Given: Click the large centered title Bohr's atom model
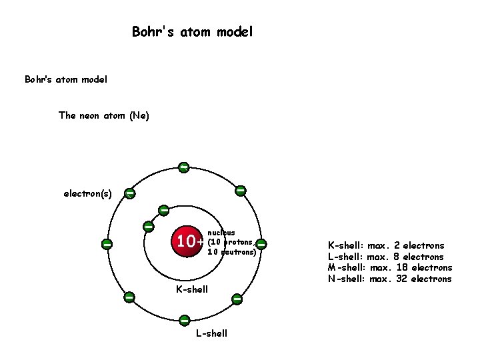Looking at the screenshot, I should point(192,31).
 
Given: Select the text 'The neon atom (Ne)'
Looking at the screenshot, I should point(104,115).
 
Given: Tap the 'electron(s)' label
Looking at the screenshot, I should point(87,194).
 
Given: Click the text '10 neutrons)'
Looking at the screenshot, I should point(231,252).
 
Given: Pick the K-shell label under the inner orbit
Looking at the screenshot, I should point(191,289).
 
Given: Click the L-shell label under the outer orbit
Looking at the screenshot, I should point(211,333).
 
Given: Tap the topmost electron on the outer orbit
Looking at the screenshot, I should point(183,167).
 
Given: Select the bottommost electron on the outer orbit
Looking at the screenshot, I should point(183,321).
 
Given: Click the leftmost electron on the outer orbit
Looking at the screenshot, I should point(107,244).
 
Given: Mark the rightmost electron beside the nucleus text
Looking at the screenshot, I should point(261,244).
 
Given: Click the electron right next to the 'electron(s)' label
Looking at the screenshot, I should point(129,193).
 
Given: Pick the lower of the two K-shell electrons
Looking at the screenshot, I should point(149,227).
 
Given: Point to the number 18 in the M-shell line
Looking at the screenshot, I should point(402,267).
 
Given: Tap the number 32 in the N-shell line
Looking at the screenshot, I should point(402,279).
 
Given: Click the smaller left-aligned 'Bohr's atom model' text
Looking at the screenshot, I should point(66,79).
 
